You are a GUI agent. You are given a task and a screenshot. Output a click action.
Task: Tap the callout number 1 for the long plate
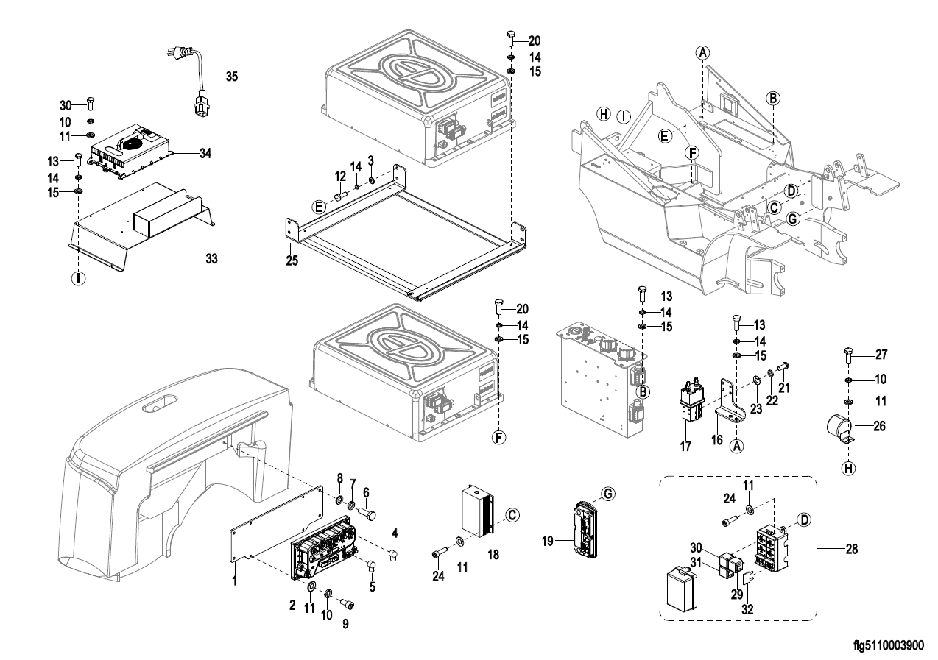(x=234, y=581)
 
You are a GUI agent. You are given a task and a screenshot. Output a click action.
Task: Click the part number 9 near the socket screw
(x=346, y=625)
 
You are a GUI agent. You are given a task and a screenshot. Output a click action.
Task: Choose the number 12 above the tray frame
(x=339, y=177)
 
